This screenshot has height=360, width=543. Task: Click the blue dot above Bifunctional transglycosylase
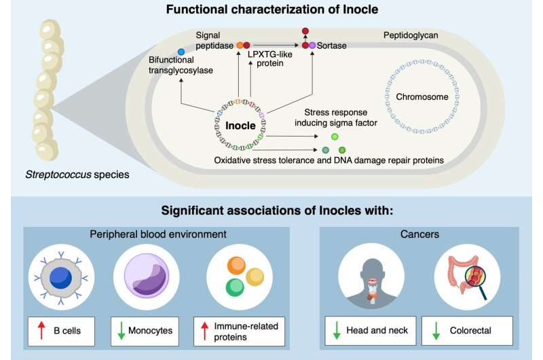[x=181, y=52]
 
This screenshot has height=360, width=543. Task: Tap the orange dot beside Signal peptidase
[x=240, y=45]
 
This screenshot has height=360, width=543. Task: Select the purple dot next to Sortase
[x=312, y=45]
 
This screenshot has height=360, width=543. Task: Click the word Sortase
[x=331, y=46]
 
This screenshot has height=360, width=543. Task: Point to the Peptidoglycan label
[x=411, y=35]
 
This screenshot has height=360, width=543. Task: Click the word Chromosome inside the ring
[x=422, y=96]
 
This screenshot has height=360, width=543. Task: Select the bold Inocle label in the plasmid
[x=240, y=126]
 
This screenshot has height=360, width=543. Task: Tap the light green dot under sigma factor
[x=335, y=137]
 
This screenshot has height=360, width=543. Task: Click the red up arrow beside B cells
[x=41, y=330]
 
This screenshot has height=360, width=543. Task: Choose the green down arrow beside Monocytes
[x=121, y=331]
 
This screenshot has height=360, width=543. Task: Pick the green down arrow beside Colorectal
[x=436, y=331]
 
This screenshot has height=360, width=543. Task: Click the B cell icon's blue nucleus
[x=61, y=278]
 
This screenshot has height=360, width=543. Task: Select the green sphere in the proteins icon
[x=235, y=288]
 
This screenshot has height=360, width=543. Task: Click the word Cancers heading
[x=419, y=234]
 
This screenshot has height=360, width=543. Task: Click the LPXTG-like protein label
[x=269, y=58]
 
